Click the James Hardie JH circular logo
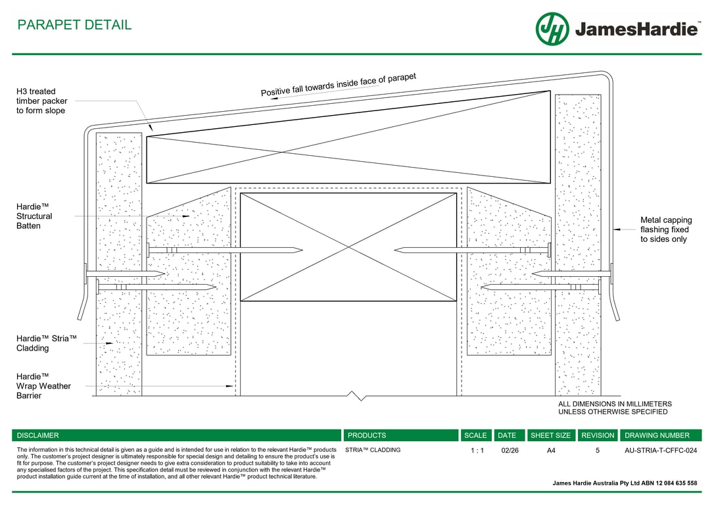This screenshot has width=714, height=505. (552, 29)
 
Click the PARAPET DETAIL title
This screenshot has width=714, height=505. (74, 25)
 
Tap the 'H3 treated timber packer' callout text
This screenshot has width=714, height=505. (42, 101)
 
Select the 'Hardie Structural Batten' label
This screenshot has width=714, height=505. (34, 216)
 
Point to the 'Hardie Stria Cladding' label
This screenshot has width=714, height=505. (47, 343)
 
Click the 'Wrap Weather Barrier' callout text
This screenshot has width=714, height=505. (43, 386)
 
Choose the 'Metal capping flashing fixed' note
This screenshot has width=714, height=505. (666, 229)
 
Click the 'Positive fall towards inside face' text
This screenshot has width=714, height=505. (339, 85)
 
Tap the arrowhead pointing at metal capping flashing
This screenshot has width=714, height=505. (617, 229)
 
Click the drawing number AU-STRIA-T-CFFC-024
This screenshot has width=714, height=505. (661, 451)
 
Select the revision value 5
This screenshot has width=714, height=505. (598, 451)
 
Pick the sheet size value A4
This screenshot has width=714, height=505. (551, 451)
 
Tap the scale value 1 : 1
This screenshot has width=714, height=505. (477, 451)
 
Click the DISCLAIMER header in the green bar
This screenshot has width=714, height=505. (37, 435)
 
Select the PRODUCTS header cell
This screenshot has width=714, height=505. (367, 435)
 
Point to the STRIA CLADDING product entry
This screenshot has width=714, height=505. (373, 450)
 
